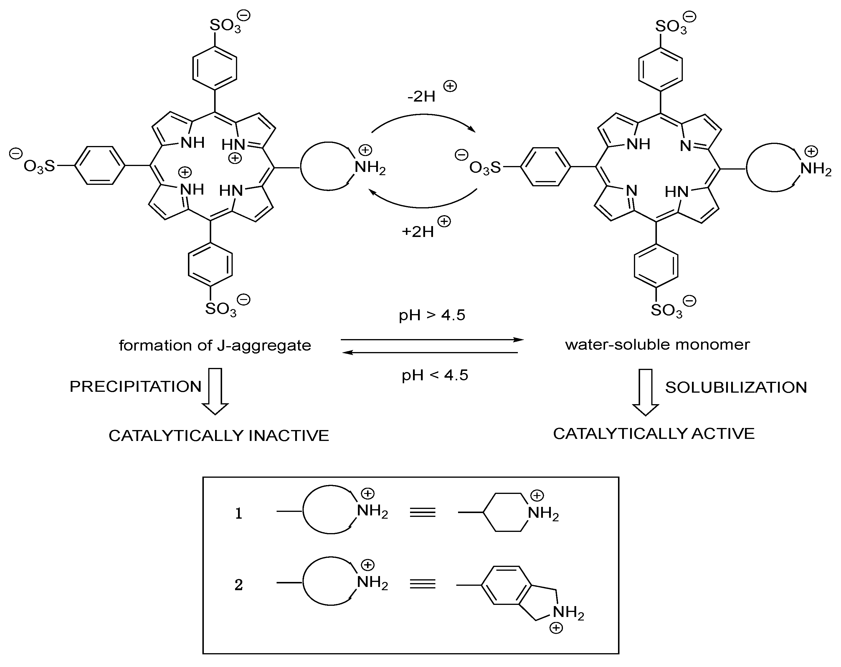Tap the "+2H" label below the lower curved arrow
pyautogui.click(x=418, y=232)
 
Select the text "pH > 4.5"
pyautogui.click(x=432, y=315)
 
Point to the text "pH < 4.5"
pyautogui.click(x=434, y=375)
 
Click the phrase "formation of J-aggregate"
pyautogui.click(x=215, y=345)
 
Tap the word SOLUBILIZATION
pyautogui.click(x=736, y=387)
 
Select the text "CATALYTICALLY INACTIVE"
pyautogui.click(x=219, y=435)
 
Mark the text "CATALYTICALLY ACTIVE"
pyautogui.click(x=654, y=434)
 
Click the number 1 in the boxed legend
pyautogui.click(x=239, y=514)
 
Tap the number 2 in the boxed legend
pyautogui.click(x=239, y=585)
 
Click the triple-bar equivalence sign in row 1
pyautogui.click(x=422, y=512)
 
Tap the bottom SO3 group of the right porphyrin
pyautogui.click(x=667, y=310)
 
